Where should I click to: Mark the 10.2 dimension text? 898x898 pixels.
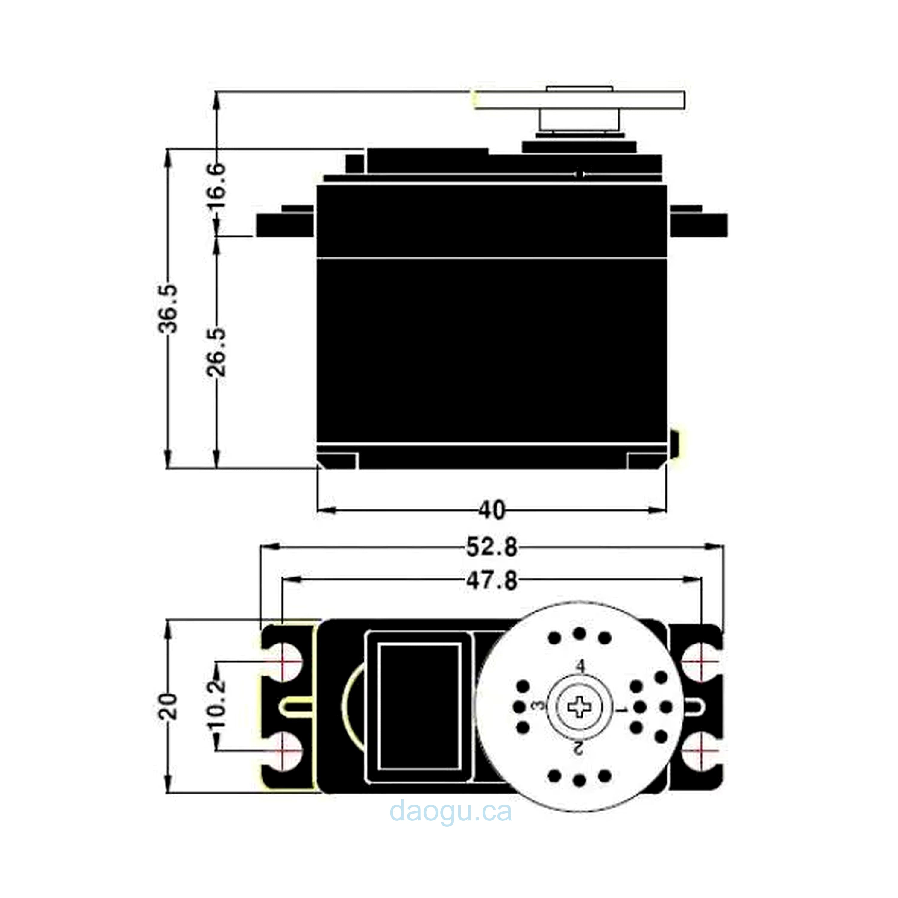point(217,703)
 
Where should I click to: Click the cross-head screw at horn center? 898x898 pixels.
point(579,707)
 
